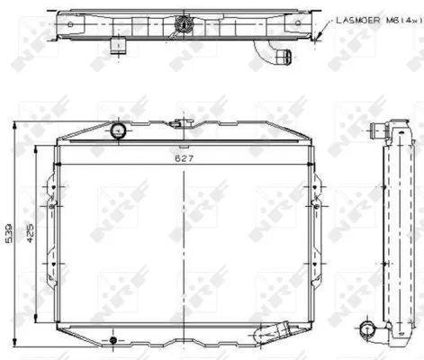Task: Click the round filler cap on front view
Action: coord(116,132)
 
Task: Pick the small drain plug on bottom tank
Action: coord(112,340)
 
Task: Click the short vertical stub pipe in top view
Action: coord(115,45)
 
